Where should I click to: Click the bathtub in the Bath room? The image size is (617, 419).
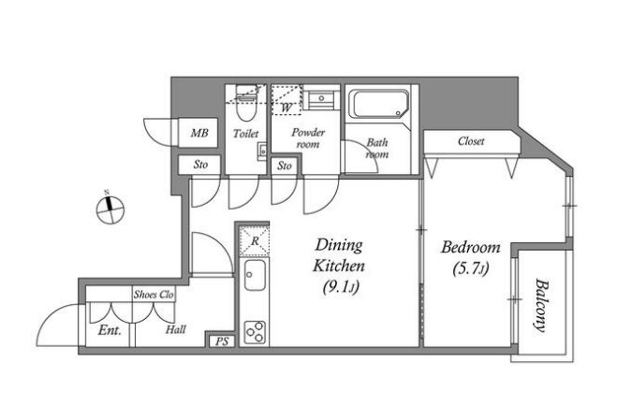pos(380,104)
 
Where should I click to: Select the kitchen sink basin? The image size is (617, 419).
pos(255,275)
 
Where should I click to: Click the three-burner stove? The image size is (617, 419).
pos(255,333)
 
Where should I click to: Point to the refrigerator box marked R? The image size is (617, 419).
pos(255,240)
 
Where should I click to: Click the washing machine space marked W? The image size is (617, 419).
pos(286,99)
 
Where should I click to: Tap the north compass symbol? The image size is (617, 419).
pos(110,209)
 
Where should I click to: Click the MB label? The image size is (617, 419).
pos(199,133)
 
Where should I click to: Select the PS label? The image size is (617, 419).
pos(222,341)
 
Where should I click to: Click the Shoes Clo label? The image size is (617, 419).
pos(154,295)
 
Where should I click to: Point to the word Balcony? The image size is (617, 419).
pos(541,306)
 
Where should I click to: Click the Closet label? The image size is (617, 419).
pos(471,140)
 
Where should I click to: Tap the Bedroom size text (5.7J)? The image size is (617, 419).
pos(471,268)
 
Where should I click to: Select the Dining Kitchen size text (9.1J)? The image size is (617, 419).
pos(341,287)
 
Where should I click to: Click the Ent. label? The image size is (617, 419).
pos(110,330)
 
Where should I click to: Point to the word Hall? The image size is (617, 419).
pos(175,329)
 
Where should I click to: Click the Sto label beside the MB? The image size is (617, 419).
pos(200,165)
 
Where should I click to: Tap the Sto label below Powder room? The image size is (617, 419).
pos(285,166)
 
